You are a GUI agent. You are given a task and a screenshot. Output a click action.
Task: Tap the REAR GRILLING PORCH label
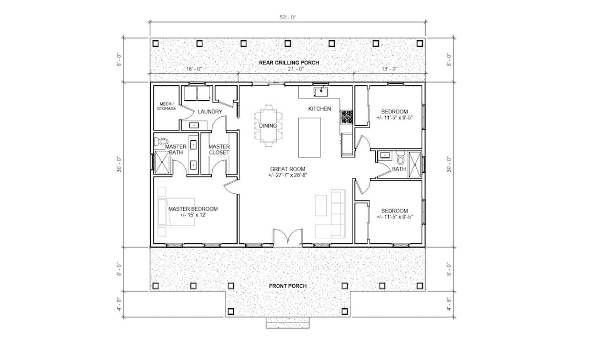[x=289, y=63]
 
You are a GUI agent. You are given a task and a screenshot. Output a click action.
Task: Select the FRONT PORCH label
[x=288, y=286]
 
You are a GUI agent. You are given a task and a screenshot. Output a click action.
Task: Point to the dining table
[x=268, y=126]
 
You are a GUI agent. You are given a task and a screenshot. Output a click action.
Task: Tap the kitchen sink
[x=320, y=91]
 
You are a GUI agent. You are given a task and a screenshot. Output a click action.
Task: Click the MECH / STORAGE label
[x=167, y=106]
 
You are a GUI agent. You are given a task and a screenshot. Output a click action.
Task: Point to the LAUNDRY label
[x=210, y=112]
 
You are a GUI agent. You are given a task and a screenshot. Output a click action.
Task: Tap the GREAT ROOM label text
[x=288, y=172]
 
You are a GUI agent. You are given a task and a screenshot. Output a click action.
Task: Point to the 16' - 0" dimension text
[x=194, y=69]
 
